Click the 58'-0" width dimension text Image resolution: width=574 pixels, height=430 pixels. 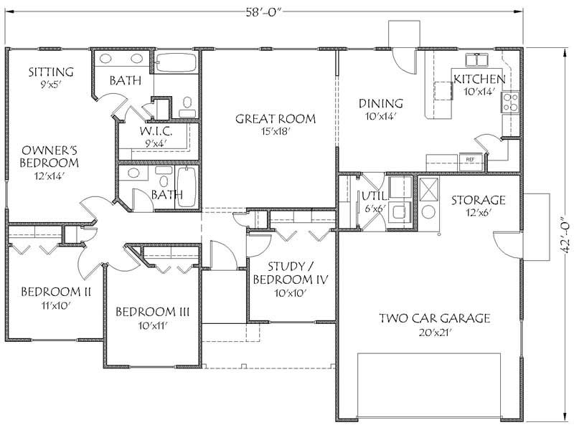point(264,10)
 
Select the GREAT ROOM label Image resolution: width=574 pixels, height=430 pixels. point(275,119)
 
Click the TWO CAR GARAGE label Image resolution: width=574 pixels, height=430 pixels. point(435,318)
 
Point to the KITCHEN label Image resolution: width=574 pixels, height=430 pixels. point(479,79)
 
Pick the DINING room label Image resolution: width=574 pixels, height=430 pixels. point(381,103)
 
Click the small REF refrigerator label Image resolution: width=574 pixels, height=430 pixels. point(471,159)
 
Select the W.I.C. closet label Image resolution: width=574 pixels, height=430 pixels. point(156,132)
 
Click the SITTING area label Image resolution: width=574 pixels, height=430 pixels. point(51,72)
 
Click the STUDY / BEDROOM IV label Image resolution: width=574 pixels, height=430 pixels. point(290,272)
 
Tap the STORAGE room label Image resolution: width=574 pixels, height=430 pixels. point(478,200)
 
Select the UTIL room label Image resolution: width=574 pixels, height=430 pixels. point(374,196)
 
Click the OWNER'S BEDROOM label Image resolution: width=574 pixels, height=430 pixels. point(50,156)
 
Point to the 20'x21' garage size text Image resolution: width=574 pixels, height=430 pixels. point(434,333)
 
